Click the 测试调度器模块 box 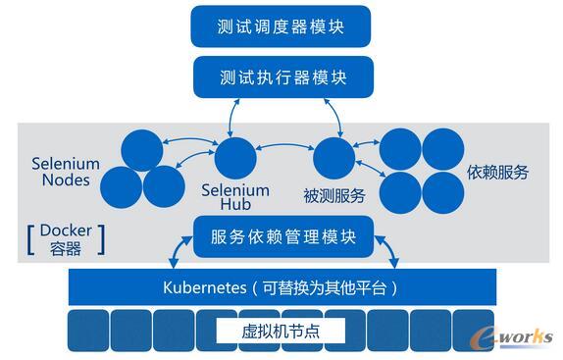(x=281, y=26)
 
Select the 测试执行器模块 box (x=281, y=77)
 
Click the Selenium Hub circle (x=234, y=158)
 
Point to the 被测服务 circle (x=333, y=158)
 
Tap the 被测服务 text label (x=335, y=195)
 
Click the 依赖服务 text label (x=497, y=173)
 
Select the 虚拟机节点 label (x=281, y=332)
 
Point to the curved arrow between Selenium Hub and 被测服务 (x=283, y=148)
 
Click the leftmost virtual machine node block (x=86, y=331)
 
